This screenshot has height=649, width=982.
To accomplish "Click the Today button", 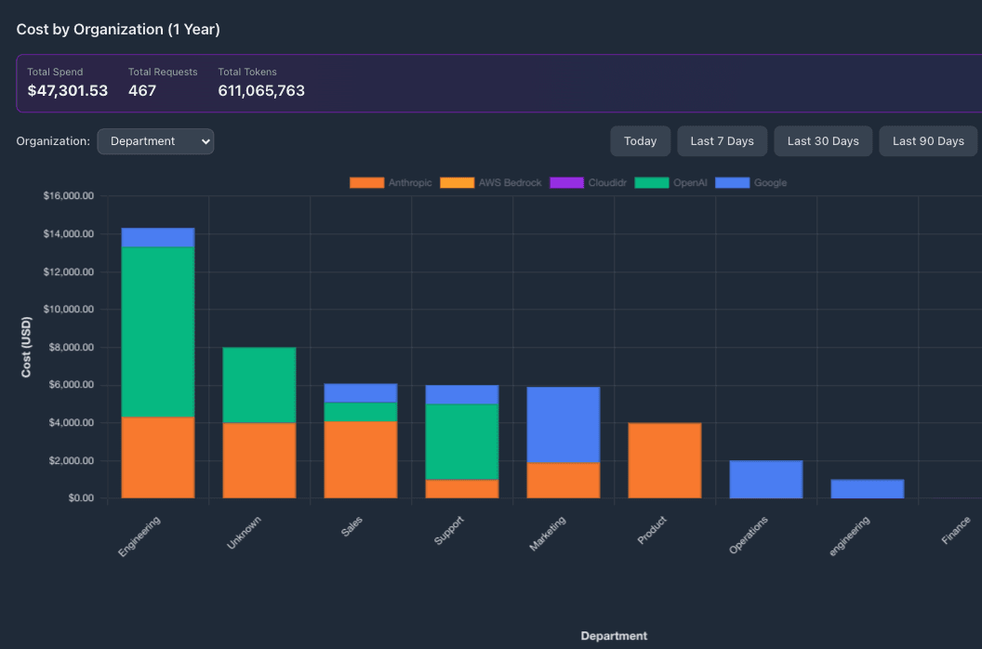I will click(640, 141).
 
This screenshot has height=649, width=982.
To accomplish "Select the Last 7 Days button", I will click(722, 141).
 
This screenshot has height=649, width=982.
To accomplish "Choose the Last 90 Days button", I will click(928, 141).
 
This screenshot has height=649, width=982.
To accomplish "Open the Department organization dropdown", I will click(155, 141).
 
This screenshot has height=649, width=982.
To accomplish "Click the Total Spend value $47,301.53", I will click(67, 91).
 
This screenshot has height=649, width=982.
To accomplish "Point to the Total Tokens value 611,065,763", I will click(261, 91).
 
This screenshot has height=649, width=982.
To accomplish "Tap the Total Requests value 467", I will click(142, 91).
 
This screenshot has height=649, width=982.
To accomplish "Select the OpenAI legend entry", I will click(670, 183).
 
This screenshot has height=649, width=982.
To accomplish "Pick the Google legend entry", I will click(752, 183).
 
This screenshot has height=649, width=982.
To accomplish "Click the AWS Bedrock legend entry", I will click(490, 183).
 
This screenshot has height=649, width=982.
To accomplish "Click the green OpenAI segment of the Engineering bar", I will click(158, 332).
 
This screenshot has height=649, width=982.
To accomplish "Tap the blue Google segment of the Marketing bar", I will click(564, 425).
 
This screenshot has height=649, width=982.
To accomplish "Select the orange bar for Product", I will click(665, 460).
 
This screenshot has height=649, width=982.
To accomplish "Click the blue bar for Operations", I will click(766, 480).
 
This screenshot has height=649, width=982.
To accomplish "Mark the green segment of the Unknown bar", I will click(259, 385).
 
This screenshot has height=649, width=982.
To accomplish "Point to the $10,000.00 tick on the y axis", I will click(69, 310).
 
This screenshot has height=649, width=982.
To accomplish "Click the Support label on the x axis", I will click(450, 531).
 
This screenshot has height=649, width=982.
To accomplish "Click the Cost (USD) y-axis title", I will click(28, 347).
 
